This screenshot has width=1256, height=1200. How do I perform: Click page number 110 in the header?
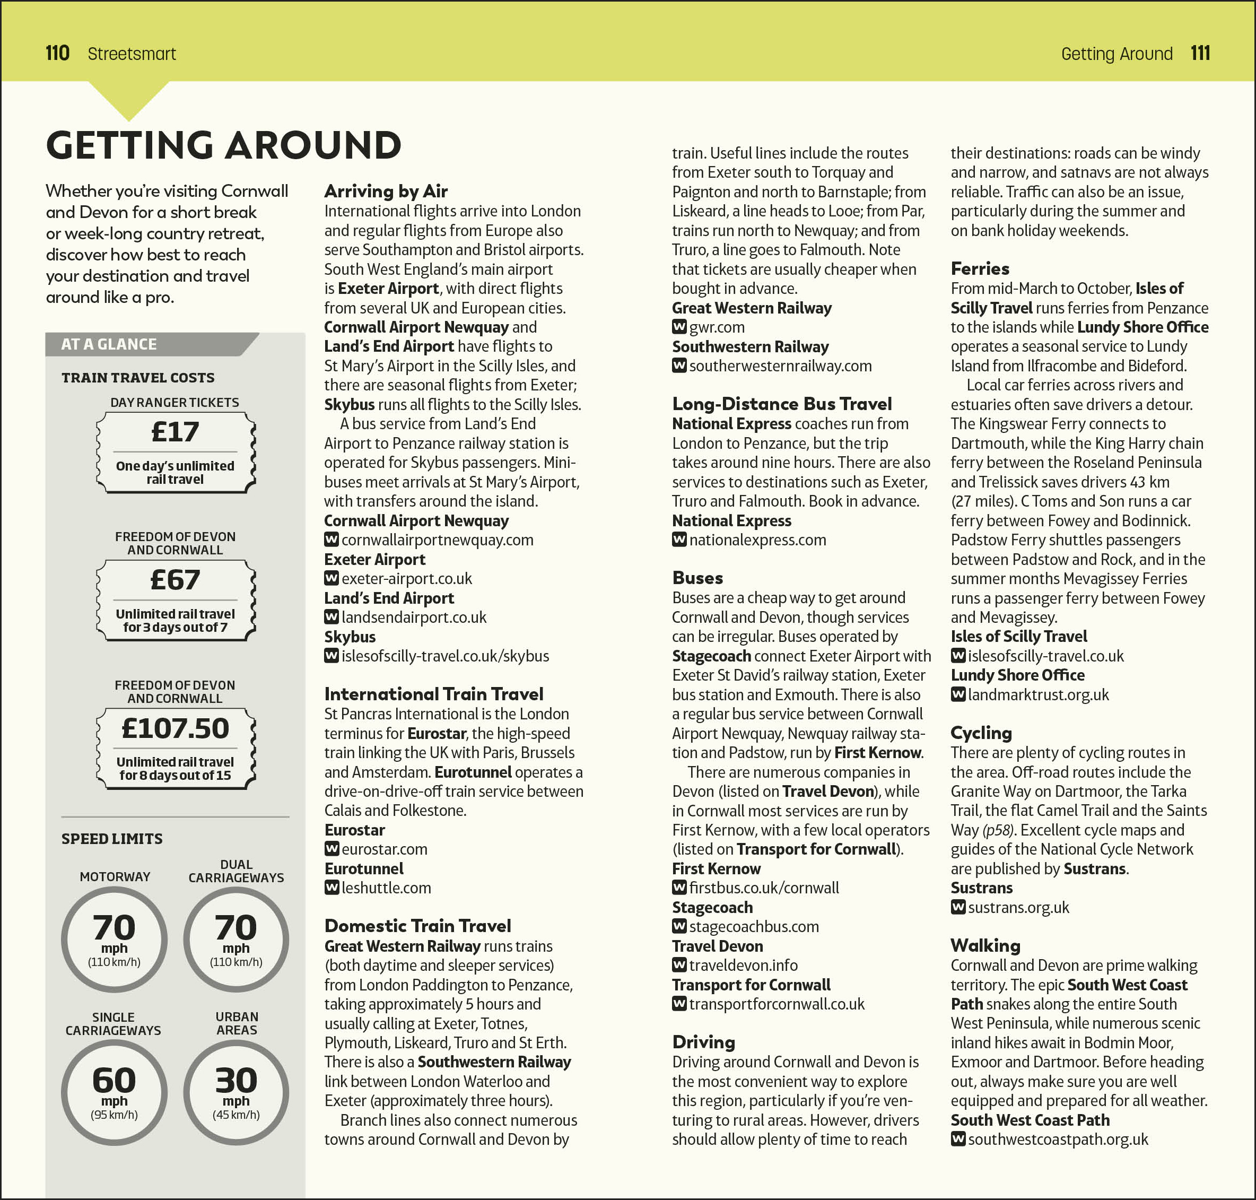(x=58, y=53)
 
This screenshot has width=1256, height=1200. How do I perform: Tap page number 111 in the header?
(x=1200, y=53)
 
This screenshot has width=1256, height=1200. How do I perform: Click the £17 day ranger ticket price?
(x=175, y=432)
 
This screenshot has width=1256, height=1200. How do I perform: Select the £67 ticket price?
(x=175, y=580)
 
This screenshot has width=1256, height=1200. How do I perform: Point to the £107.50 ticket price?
(x=175, y=728)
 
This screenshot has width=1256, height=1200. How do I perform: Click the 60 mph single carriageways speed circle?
(x=115, y=1092)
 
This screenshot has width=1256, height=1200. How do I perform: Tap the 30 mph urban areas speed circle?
(x=236, y=1092)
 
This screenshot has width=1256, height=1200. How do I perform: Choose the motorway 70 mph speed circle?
(x=115, y=940)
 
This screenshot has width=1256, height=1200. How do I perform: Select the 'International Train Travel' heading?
(x=433, y=694)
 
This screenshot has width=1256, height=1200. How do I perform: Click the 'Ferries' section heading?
(x=980, y=268)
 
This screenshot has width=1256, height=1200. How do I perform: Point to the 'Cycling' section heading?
(x=981, y=733)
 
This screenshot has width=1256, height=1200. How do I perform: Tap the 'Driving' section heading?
(x=703, y=1042)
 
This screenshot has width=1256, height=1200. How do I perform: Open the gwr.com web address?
(x=717, y=327)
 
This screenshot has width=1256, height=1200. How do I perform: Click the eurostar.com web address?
(x=385, y=849)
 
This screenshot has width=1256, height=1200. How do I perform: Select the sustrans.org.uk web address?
(x=1018, y=908)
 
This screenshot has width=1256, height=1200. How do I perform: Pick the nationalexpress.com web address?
(x=757, y=541)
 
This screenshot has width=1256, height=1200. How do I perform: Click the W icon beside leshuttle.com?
(x=332, y=888)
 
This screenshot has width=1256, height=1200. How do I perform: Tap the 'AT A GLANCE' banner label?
(x=109, y=344)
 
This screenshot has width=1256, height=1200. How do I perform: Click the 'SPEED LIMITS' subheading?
(x=112, y=839)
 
